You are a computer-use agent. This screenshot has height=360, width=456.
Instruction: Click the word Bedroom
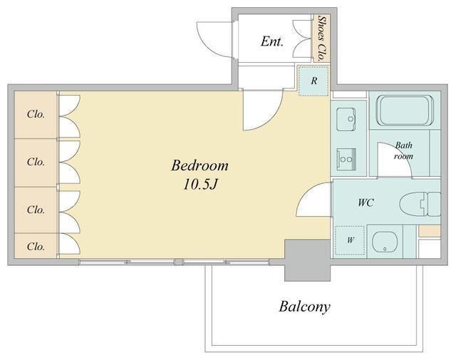(x=199, y=166)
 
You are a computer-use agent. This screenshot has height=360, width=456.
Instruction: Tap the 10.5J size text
(x=200, y=184)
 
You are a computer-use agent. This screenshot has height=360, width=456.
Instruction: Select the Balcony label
(x=304, y=307)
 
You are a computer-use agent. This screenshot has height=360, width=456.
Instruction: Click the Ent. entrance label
(x=271, y=41)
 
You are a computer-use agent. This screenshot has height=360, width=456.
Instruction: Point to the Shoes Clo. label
(x=321, y=38)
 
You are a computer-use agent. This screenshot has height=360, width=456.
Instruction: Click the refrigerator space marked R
(x=313, y=81)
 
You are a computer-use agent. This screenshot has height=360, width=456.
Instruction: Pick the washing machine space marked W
(x=350, y=240)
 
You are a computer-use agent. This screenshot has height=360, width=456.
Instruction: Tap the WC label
(x=366, y=202)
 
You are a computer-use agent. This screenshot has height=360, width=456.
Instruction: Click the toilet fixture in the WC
(x=420, y=204)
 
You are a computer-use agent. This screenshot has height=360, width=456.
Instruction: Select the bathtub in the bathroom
(x=405, y=110)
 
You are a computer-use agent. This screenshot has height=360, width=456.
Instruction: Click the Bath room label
(x=403, y=150)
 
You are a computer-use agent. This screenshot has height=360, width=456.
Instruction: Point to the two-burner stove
(x=346, y=159)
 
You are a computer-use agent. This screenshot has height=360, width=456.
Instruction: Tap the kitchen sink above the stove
(x=346, y=119)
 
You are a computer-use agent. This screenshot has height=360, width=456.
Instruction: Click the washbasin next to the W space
(x=385, y=242)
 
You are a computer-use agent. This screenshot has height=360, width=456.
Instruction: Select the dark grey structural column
(x=307, y=260)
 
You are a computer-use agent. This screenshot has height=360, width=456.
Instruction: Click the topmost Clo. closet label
(x=36, y=114)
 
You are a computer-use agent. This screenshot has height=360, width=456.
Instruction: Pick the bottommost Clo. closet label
(x=36, y=247)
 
